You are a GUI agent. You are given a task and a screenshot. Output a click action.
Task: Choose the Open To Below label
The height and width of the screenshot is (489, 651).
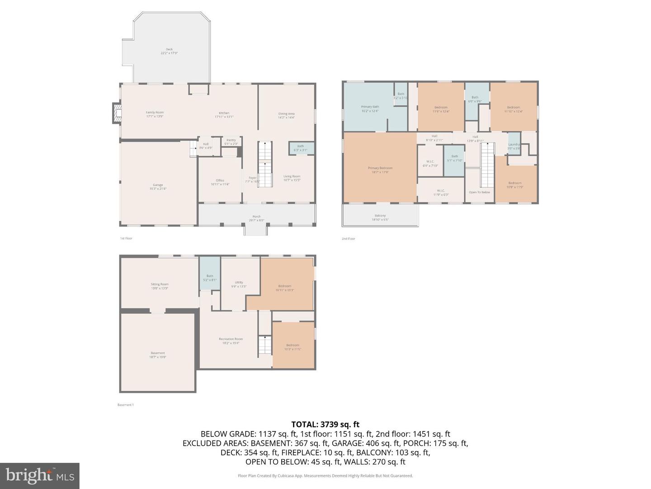click(479, 192)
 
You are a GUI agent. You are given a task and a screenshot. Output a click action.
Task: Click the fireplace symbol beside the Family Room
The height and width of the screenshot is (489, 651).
click(117, 113)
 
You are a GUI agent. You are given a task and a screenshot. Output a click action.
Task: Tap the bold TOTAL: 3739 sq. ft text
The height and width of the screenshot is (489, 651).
click(325, 424)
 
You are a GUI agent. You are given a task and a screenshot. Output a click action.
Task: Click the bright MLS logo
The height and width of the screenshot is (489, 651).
click(40, 475)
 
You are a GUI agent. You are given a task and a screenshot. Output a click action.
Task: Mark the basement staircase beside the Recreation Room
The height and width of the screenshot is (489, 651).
click(265, 345)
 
